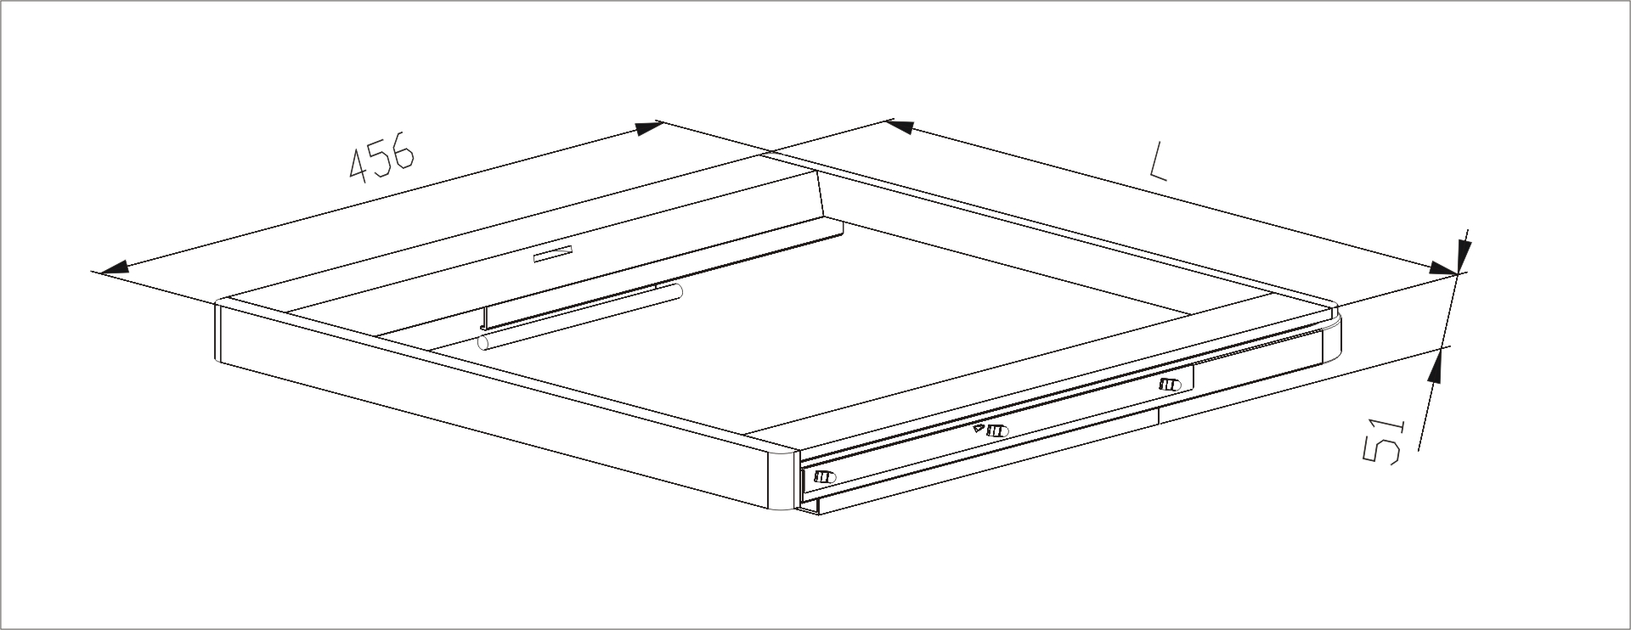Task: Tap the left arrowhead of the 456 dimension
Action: pos(114,267)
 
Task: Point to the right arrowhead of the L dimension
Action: pos(1443,267)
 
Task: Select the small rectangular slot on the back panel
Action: pos(554,254)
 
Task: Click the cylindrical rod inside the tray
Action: pos(581,316)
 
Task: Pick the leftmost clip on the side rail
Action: pos(824,477)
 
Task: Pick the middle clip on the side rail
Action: pos(997,430)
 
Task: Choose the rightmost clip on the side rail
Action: pos(1170,385)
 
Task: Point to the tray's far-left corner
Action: pos(219,302)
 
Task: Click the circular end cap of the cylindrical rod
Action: pos(483,342)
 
